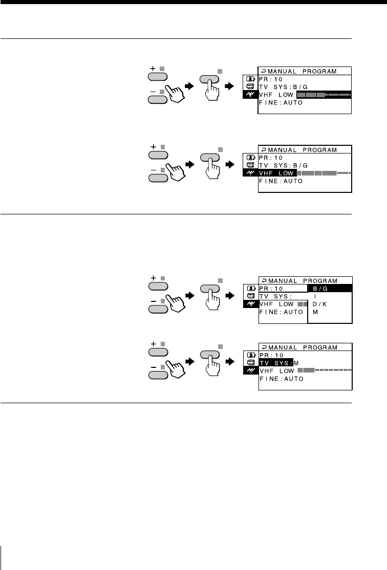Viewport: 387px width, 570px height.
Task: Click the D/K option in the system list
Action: coord(319,304)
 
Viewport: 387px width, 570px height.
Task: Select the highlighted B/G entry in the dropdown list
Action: coord(329,289)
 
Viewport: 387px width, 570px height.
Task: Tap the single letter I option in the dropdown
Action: coord(315,296)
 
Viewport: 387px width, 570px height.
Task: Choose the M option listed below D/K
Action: coord(315,312)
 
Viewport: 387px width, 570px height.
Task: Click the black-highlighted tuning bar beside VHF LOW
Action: coord(324,95)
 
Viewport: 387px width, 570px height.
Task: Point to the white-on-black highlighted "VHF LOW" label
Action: coord(277,173)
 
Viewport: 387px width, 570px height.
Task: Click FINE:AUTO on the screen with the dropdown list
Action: coord(281,312)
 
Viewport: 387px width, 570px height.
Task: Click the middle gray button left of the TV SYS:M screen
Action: coord(211,355)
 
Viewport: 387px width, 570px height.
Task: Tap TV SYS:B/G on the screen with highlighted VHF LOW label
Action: coord(281,165)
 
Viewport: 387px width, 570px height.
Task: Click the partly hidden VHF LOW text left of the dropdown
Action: coord(277,304)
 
